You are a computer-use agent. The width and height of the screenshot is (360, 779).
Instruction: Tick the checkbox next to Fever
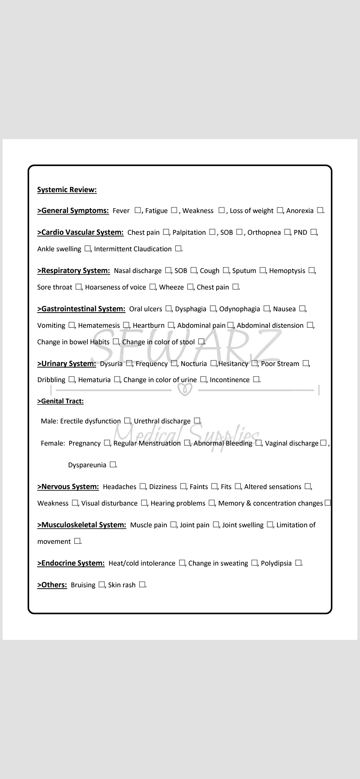coord(138,210)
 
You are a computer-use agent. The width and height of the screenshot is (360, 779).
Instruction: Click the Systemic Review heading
coord(67,190)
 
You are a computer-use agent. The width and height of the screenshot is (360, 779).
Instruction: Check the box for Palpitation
coord(212,232)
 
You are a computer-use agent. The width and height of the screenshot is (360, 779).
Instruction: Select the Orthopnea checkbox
coord(287,232)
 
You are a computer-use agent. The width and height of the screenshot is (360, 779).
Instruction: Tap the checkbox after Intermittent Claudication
coord(178,249)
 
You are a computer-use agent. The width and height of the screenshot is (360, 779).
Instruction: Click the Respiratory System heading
coord(73,270)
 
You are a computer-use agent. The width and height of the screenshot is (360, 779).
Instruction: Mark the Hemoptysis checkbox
coord(312,270)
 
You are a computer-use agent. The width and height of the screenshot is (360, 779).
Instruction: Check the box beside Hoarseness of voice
coord(153,287)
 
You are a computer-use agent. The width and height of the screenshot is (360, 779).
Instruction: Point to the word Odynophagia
coord(240,309)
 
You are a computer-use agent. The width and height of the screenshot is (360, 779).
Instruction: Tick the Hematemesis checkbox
coord(126,325)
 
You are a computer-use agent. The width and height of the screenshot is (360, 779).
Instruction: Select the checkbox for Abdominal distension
coord(310,325)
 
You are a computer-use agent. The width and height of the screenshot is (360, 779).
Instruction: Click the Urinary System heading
coord(67,363)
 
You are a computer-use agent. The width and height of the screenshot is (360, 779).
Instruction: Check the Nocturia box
coord(213,363)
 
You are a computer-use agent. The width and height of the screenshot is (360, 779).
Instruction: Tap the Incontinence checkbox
coord(256,380)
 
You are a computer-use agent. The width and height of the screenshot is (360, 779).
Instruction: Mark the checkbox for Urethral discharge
coord(197,421)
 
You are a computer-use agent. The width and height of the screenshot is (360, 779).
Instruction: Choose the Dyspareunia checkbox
coord(113,465)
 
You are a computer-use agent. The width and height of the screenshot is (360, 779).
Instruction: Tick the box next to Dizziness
coord(183,486)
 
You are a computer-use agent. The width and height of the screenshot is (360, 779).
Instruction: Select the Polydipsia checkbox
coord(298,563)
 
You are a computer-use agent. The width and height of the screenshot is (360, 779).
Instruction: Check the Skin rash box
coord(142,585)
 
